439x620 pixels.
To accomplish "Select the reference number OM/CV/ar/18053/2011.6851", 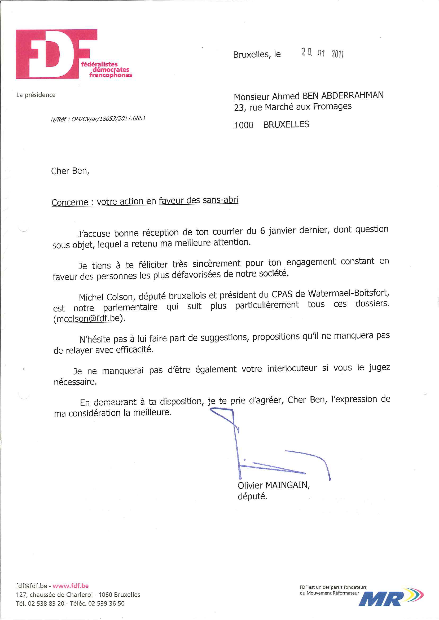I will coord(108,119).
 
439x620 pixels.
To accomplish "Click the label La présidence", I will coord(36,95).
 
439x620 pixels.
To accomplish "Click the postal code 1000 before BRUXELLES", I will coord(244,125).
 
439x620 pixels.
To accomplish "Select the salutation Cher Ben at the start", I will coord(70,171).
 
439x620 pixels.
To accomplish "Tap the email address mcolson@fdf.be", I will coord(88,318).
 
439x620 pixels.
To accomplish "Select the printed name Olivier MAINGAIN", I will coord(273,485).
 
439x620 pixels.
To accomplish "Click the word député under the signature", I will coord(252,496).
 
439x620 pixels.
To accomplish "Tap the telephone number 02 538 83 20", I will coord(46,603).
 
